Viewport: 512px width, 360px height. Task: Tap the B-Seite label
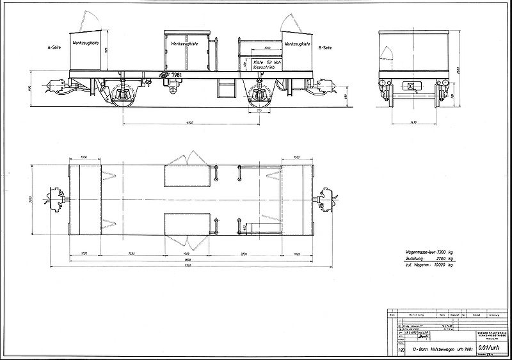click(x=324, y=48)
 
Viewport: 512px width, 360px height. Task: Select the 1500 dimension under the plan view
click(x=190, y=252)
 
